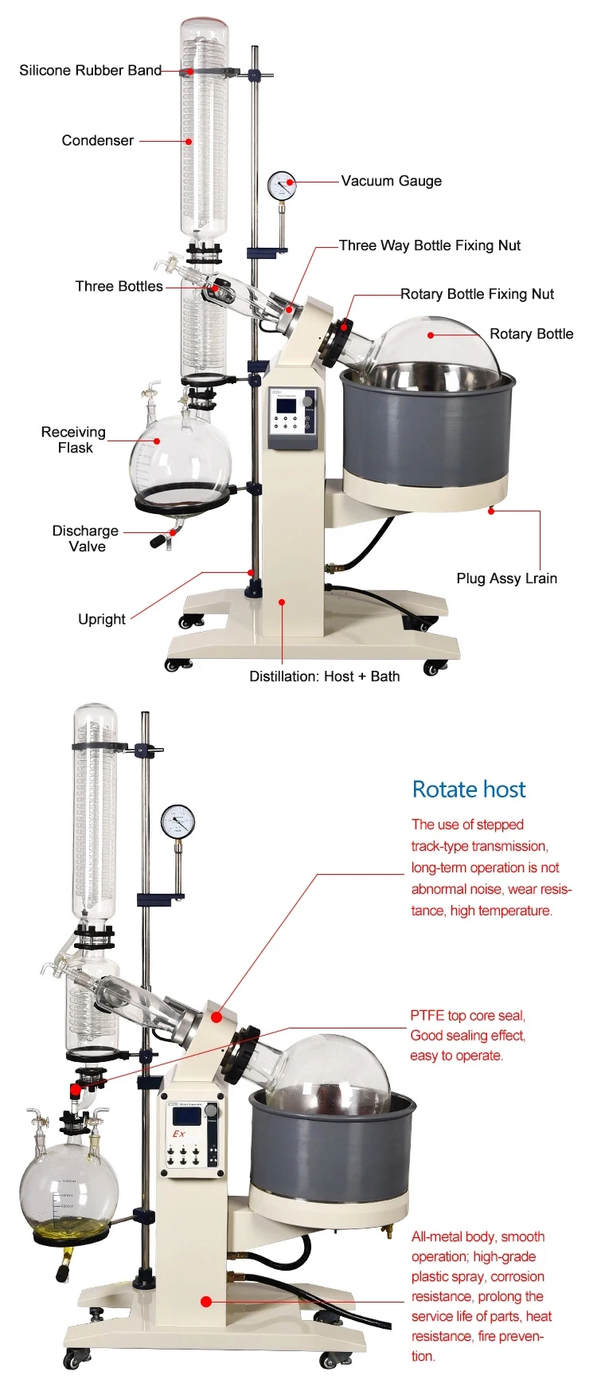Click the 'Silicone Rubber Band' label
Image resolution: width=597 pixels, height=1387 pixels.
pyautogui.click(x=90, y=70)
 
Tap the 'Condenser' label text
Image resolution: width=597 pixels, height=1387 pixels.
pyautogui.click(x=97, y=140)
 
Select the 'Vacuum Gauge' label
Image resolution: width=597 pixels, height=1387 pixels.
pyautogui.click(x=391, y=181)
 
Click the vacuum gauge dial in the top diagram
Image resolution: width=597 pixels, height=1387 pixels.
pyautogui.click(x=281, y=185)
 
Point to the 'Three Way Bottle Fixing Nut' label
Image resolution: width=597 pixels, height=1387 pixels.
pyautogui.click(x=429, y=245)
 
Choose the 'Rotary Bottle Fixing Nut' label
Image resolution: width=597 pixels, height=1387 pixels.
pyautogui.click(x=477, y=294)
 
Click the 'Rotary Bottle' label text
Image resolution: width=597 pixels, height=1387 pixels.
pyautogui.click(x=531, y=334)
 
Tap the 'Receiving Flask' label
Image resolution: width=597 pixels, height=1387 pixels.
pyautogui.click(x=73, y=440)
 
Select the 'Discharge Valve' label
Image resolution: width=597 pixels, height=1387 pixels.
pyautogui.click(x=86, y=539)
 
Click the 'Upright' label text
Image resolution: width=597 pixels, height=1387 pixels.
pyautogui.click(x=101, y=619)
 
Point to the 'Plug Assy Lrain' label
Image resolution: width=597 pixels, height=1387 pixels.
pyautogui.click(x=506, y=578)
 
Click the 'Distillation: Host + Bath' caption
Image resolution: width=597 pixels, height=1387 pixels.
pyautogui.click(x=324, y=676)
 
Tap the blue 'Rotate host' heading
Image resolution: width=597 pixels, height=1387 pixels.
pyautogui.click(x=468, y=789)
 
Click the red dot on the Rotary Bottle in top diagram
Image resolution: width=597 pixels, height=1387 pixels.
pyautogui.click(x=431, y=335)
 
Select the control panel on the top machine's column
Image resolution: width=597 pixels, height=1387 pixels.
pyautogui.click(x=293, y=417)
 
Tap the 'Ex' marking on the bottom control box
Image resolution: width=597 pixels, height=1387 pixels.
pyautogui.click(x=179, y=1133)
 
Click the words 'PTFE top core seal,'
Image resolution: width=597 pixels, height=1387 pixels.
pyautogui.click(x=467, y=1015)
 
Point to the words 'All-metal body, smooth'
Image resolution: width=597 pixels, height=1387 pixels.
pyautogui.click(x=478, y=1236)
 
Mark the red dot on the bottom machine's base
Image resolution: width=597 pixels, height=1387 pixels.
pyautogui.click(x=206, y=1302)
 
